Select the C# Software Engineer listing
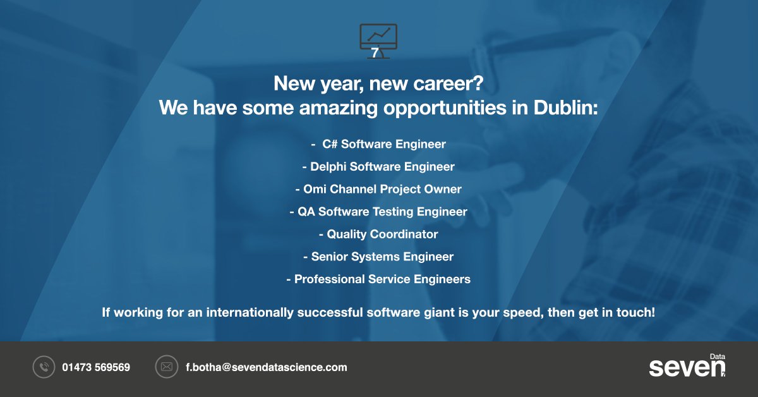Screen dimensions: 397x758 379,144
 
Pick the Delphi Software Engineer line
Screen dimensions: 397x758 379,167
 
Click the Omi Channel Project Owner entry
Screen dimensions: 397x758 379,189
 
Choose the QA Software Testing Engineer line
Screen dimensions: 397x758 379,212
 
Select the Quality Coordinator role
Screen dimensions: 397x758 379,234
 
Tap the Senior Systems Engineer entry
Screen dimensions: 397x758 379,257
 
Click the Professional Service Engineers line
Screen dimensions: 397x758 379,279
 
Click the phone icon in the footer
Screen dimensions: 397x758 44,367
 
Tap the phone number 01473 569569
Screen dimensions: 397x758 96,367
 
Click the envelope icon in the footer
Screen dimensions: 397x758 167,367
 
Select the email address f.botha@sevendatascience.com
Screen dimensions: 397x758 266,367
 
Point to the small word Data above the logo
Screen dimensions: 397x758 717,357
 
